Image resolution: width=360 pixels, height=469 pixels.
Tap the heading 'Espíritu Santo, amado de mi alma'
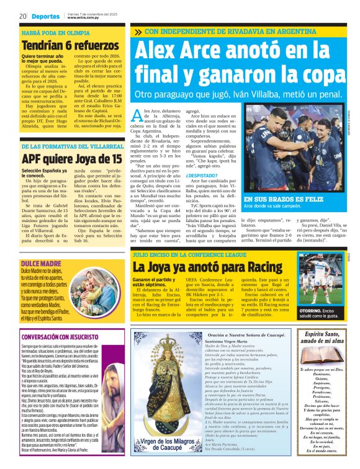click(320, 339)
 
